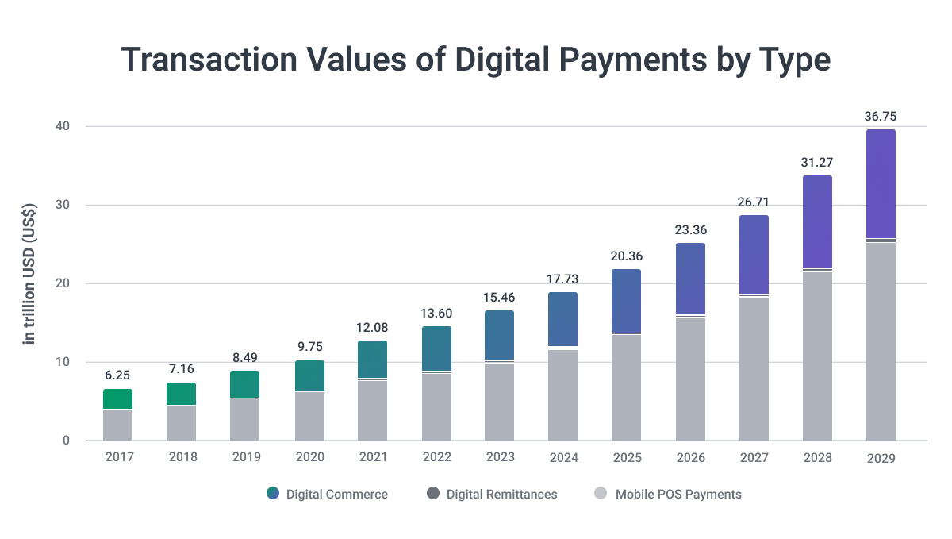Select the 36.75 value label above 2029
[x=881, y=117]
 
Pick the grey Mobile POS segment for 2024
[x=562, y=395]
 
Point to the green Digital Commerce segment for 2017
[x=117, y=399]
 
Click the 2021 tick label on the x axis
[x=372, y=457]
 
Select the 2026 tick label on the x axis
[x=690, y=457]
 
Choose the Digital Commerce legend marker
[x=273, y=494]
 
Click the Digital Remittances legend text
[x=501, y=494]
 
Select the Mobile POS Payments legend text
[x=679, y=494]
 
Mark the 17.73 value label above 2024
[x=562, y=279]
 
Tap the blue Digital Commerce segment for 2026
[x=690, y=278]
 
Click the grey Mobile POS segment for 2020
[x=309, y=416]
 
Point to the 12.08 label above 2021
[x=372, y=328]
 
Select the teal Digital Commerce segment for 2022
[x=436, y=348]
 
